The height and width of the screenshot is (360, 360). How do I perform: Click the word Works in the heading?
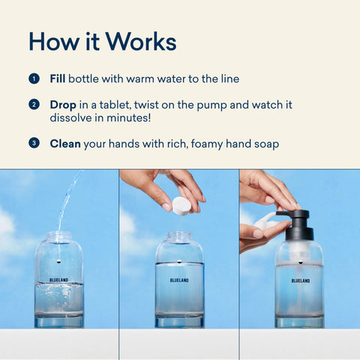[x=141, y=41]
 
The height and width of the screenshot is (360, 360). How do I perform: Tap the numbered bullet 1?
[x=34, y=79]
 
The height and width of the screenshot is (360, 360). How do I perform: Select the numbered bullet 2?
[x=34, y=104]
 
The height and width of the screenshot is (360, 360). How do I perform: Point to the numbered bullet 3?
[x=34, y=143]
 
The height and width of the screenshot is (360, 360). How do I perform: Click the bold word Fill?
[x=58, y=79]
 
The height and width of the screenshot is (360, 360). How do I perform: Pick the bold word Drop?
[x=63, y=105]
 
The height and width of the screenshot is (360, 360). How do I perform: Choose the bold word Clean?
[x=65, y=144]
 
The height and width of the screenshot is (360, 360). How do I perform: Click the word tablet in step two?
[x=115, y=105]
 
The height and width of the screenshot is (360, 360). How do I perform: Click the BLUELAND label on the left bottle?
[x=58, y=280]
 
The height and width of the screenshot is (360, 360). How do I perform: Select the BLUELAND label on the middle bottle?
[x=179, y=280]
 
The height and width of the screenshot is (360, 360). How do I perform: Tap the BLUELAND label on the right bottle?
[x=301, y=280]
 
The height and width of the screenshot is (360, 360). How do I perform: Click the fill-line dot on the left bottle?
[x=58, y=262]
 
